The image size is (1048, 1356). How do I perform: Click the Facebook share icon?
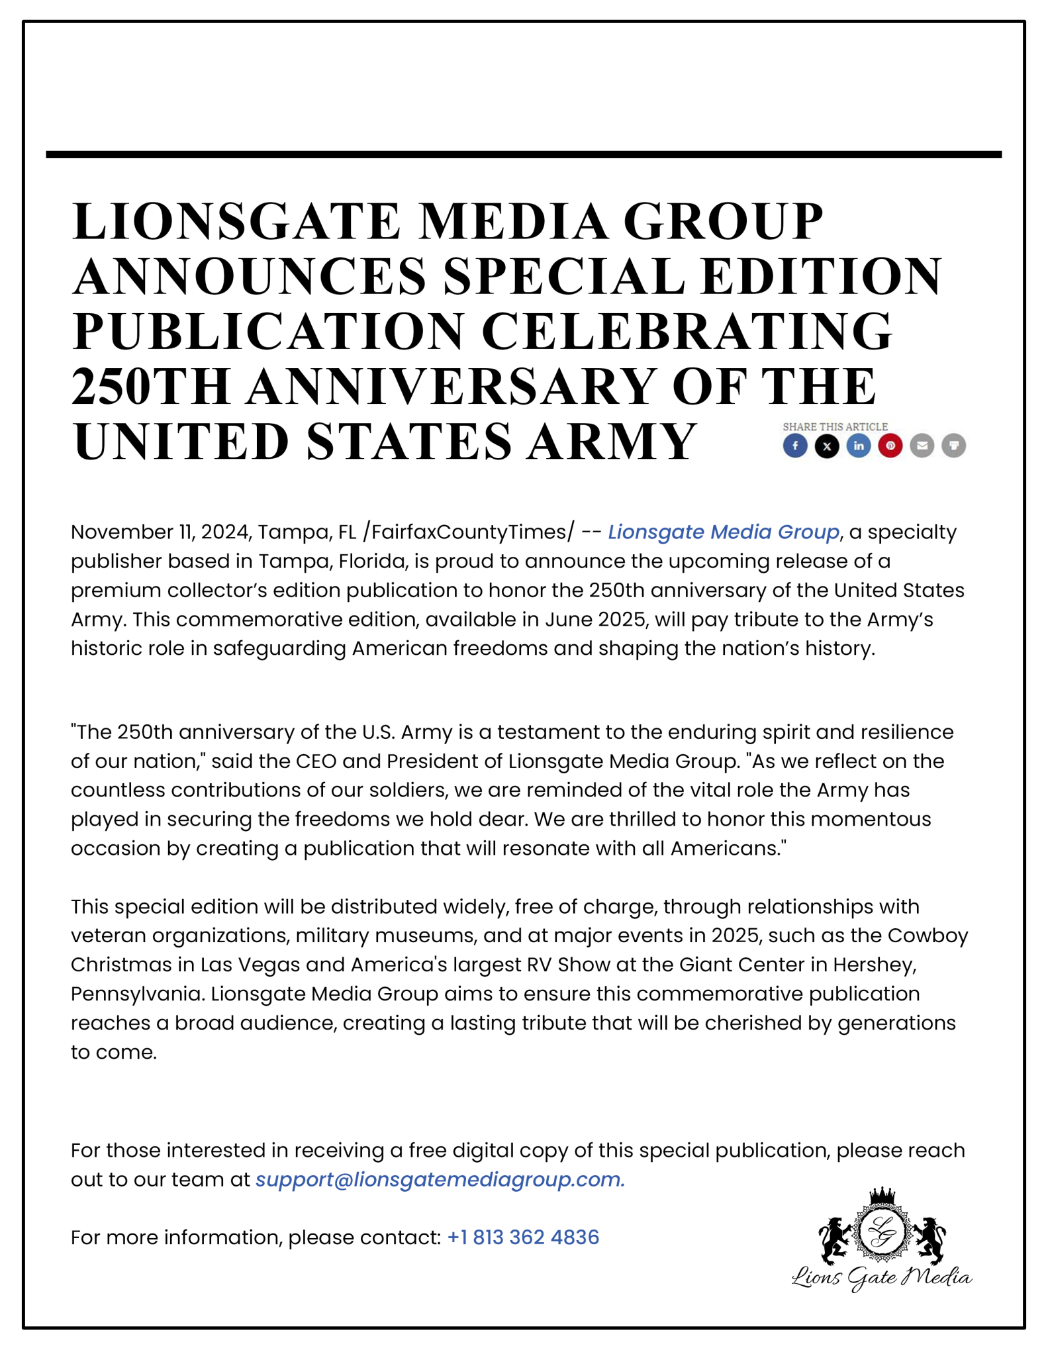[x=795, y=446]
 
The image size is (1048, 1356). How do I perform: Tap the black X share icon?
[x=827, y=446]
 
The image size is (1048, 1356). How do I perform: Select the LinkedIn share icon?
[x=859, y=446]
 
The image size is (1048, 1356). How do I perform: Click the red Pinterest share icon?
[x=890, y=446]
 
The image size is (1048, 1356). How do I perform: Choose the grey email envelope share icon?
[x=922, y=446]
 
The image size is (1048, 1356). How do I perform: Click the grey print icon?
[x=954, y=446]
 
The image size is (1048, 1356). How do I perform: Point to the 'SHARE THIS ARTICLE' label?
[x=835, y=426]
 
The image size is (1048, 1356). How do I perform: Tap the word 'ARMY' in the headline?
[x=612, y=442]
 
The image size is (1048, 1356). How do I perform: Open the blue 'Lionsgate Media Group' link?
[x=724, y=532]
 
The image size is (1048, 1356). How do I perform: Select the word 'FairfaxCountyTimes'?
[x=469, y=532]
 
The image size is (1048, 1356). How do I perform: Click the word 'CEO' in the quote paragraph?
[x=316, y=761]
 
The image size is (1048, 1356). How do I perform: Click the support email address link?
[x=440, y=1179]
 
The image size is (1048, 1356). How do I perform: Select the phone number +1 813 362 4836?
[x=523, y=1237]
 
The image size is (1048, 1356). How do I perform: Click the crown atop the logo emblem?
[x=882, y=1195]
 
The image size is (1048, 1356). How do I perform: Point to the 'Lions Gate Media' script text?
[x=882, y=1277]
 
